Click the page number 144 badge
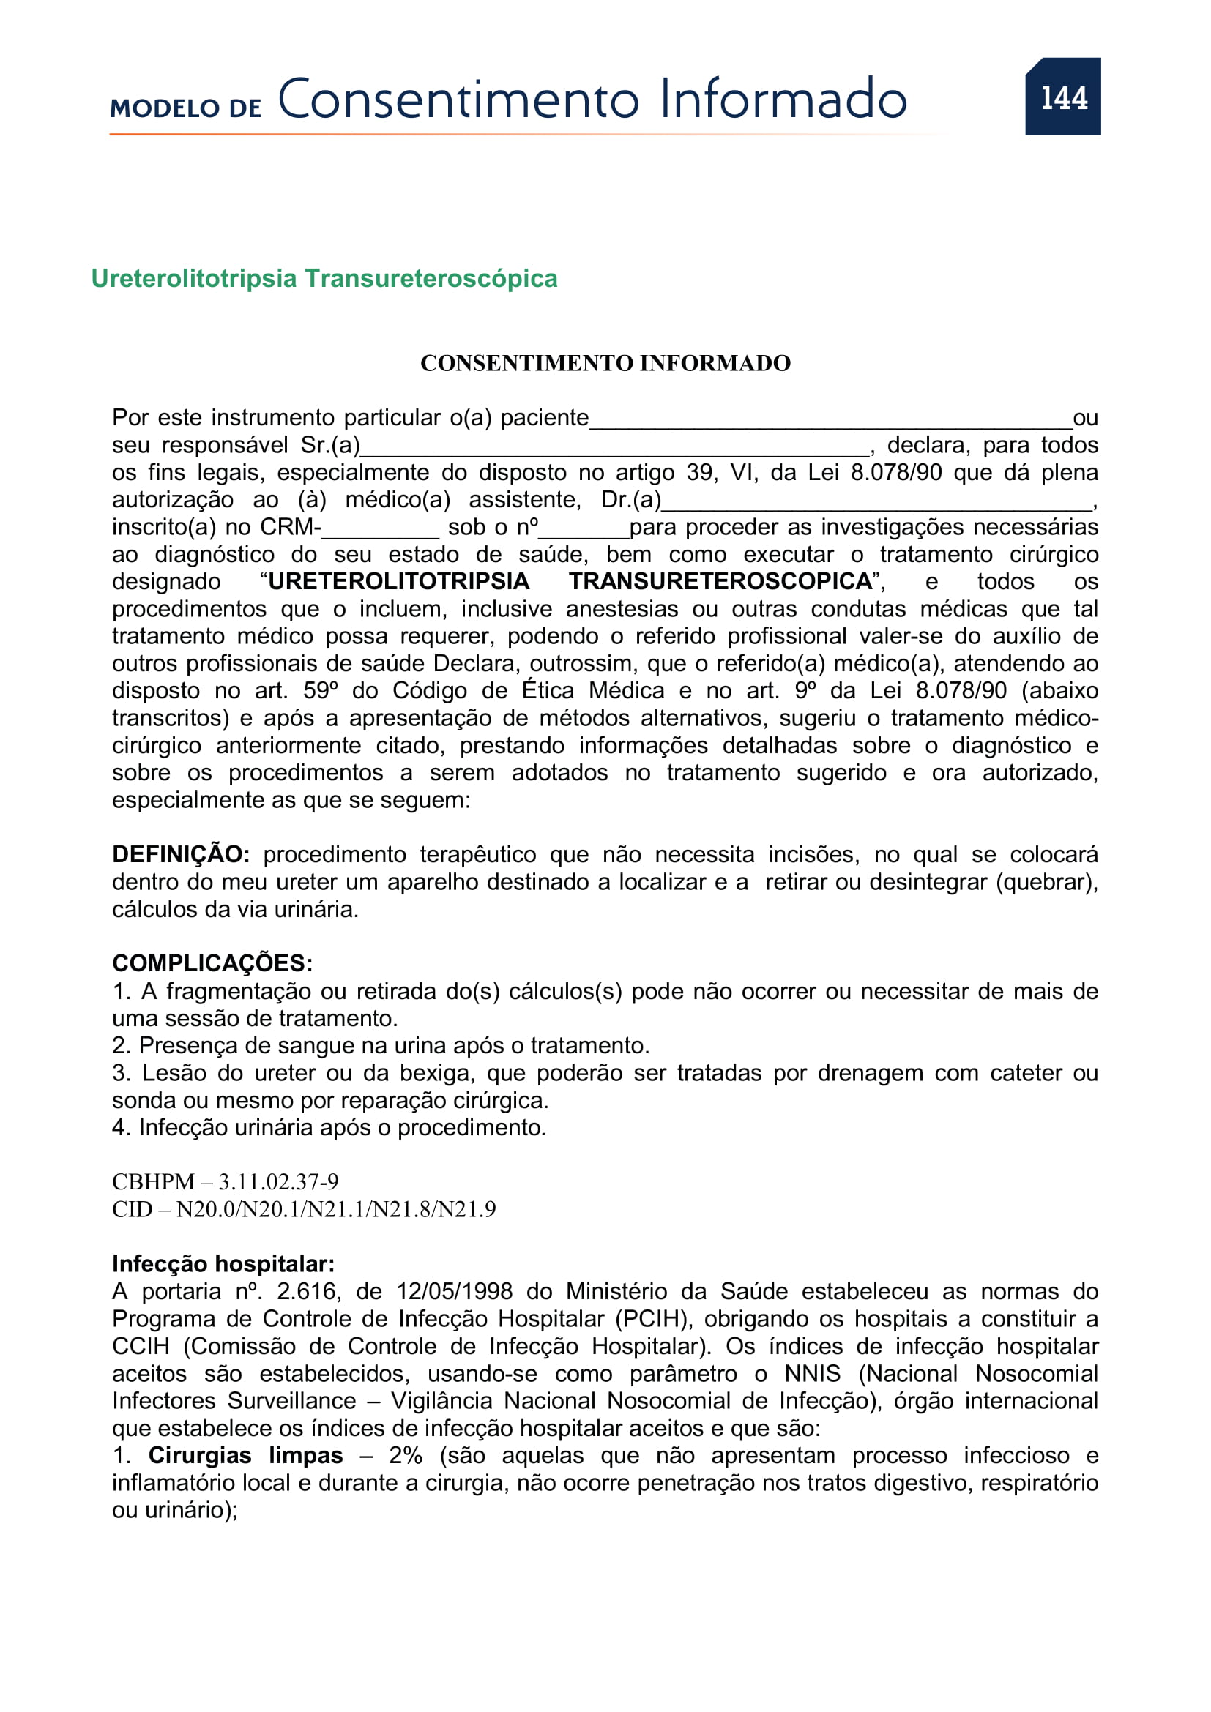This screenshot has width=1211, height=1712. coord(1062,97)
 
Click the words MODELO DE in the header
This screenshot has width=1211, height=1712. coord(186,108)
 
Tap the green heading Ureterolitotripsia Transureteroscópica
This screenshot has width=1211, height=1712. coord(324,278)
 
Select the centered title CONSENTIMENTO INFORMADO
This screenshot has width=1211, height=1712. coord(605,363)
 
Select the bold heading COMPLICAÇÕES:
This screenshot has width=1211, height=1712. coord(212,963)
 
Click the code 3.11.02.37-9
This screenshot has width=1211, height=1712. coord(278,1182)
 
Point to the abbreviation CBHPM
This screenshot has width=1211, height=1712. coord(153,1182)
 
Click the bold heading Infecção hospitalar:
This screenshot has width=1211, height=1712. coord(223,1265)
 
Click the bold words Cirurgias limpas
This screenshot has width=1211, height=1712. coord(245,1456)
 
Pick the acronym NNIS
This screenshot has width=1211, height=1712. coord(812,1373)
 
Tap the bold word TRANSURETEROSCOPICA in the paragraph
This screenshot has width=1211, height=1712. coord(720,582)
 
